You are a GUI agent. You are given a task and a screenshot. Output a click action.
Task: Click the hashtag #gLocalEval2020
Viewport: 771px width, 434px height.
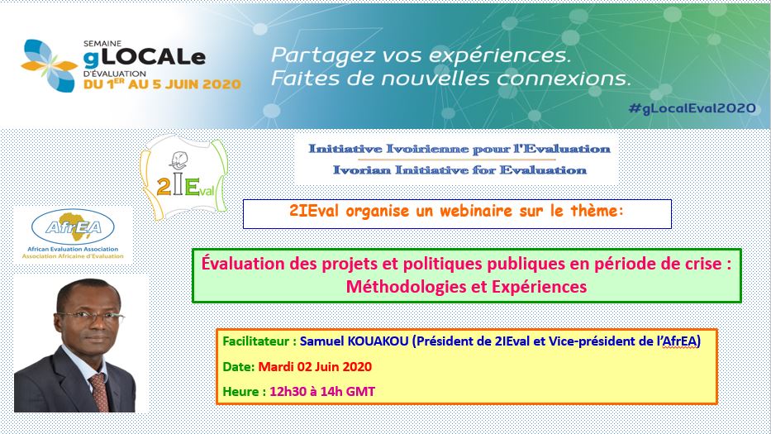click(692, 108)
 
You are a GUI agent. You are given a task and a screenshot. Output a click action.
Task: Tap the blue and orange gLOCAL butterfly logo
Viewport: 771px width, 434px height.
click(50, 65)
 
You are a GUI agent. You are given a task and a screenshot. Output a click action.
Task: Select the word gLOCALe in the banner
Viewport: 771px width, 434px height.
click(144, 58)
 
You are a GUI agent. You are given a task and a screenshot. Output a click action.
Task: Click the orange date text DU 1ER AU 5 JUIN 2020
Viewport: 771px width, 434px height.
click(162, 84)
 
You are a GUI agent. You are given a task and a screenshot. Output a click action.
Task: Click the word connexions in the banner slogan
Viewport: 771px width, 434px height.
click(564, 79)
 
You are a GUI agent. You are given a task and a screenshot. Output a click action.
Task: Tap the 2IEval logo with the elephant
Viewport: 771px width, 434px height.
click(184, 177)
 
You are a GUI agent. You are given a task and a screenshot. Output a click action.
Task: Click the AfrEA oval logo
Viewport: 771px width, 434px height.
click(73, 227)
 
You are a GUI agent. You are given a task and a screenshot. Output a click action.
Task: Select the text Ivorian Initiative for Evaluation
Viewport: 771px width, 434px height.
click(459, 170)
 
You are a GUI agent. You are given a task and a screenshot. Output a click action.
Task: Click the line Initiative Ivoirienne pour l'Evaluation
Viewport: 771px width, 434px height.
click(459, 149)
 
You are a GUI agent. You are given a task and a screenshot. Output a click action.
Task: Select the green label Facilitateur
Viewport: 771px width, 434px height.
click(255, 341)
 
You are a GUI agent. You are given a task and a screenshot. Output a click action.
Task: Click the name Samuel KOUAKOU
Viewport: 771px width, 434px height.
click(354, 341)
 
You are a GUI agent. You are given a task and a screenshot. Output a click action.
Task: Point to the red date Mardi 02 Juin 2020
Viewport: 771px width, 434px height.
click(315, 366)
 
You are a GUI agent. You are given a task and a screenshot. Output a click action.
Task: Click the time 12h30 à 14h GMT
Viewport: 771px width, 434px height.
click(322, 392)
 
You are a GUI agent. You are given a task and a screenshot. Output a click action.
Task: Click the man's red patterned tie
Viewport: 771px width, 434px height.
click(100, 392)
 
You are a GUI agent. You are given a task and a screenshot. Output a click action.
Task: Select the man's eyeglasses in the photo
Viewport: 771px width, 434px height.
click(91, 316)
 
